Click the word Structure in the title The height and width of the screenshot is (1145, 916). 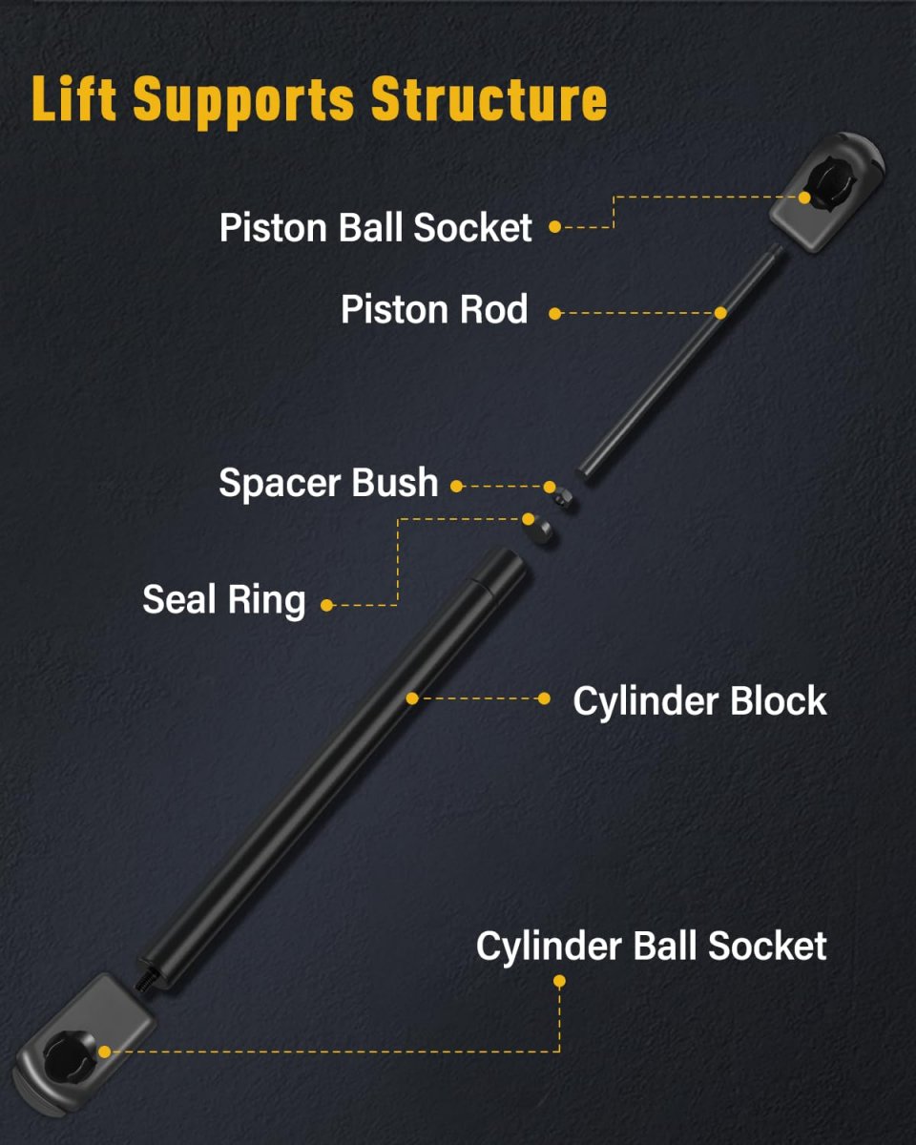point(489,98)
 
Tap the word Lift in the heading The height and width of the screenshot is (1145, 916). point(74,98)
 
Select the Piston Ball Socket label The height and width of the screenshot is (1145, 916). point(375,227)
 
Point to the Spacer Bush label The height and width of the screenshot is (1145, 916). point(328,482)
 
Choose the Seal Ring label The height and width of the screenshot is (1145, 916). point(224,600)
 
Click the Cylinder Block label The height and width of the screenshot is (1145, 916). point(699,700)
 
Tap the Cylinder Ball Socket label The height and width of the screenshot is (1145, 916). point(651,947)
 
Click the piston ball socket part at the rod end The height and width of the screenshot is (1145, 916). point(826,193)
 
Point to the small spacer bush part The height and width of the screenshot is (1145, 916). point(564,501)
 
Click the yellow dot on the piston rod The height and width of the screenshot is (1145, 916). point(720,313)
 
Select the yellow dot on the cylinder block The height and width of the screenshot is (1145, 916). point(412,698)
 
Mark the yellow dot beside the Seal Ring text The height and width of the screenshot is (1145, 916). point(326,605)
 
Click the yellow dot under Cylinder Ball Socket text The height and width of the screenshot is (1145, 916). point(559,981)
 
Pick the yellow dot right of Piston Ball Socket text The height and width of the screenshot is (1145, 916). point(554,227)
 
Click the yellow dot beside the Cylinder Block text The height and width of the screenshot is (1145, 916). point(544,698)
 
